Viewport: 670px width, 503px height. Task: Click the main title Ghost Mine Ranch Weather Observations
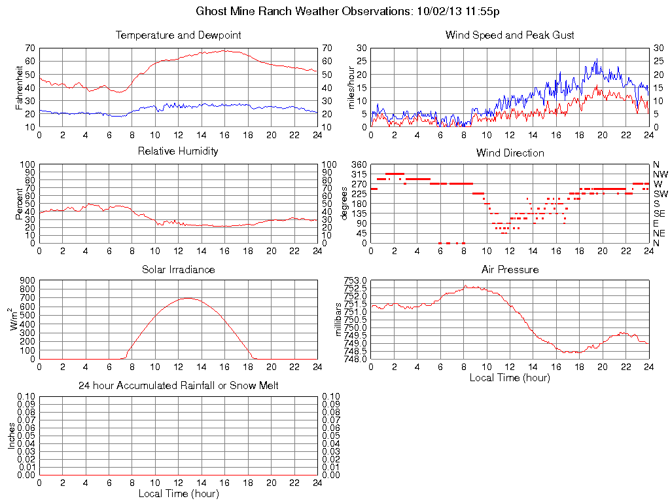348,11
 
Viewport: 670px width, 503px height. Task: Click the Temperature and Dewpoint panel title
178,35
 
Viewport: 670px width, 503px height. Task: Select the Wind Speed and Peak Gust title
510,35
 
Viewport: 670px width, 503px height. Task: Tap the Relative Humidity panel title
178,151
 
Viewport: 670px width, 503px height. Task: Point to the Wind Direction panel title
510,153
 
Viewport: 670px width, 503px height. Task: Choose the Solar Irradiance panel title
178,269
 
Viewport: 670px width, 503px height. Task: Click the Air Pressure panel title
510,269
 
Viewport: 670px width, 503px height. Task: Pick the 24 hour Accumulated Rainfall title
178,386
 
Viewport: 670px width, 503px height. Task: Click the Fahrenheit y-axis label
18,87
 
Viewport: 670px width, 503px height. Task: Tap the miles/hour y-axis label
351,87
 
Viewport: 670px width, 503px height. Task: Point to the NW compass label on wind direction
660,174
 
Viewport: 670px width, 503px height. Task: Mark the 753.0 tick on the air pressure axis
356,280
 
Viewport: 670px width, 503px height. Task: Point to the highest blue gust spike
597,59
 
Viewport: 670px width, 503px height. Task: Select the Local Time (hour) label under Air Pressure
510,377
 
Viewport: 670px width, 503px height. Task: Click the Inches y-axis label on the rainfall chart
11,436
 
